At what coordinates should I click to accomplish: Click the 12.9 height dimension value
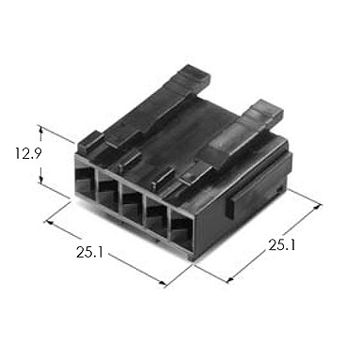[x=28, y=153]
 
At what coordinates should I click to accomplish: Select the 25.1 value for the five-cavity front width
[x=89, y=252]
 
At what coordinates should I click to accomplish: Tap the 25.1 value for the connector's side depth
[x=282, y=245]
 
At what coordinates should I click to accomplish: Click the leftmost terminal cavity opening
[x=86, y=181]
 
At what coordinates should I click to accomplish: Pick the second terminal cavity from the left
[x=108, y=192]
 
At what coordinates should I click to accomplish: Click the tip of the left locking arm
[x=194, y=74]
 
